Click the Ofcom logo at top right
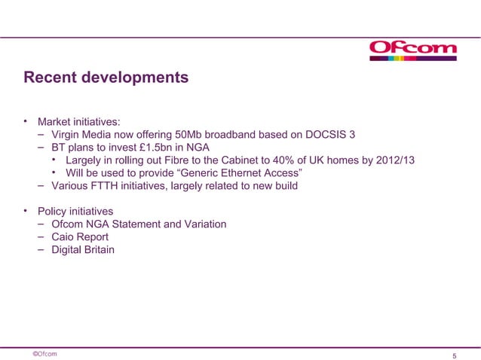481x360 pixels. (413, 49)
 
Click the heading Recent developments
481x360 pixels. (106, 78)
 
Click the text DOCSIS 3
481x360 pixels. (330, 135)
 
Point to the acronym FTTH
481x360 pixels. (110, 187)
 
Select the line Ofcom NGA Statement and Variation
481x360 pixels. (139, 224)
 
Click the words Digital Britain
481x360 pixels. (83, 249)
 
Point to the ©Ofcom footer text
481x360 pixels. (44, 352)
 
